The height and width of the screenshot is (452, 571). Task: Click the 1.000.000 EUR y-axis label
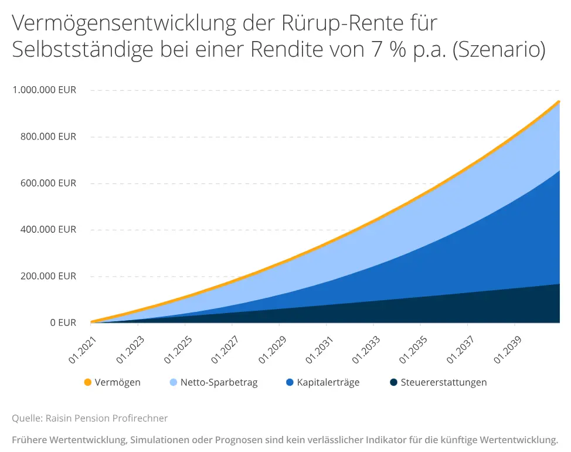(44, 90)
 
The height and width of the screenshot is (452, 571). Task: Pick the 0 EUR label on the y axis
(62, 322)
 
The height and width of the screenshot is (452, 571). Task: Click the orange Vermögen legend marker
(88, 382)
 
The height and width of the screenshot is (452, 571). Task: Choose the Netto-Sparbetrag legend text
(219, 382)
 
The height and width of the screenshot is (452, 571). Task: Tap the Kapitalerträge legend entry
(328, 382)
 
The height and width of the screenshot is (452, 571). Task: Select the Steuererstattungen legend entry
(444, 382)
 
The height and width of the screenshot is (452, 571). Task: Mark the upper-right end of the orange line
(559, 101)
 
